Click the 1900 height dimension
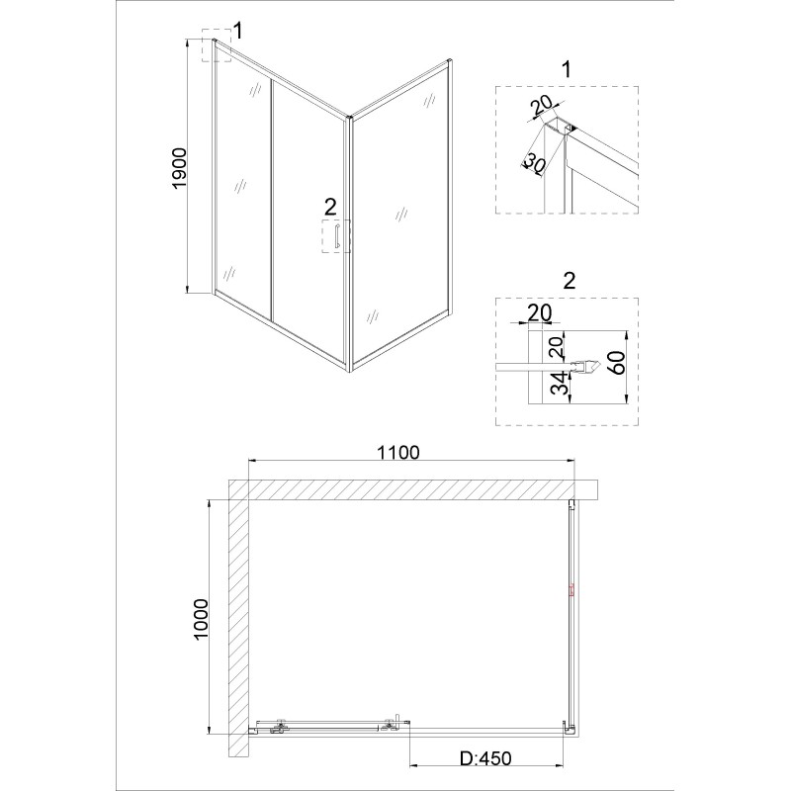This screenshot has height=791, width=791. coord(180,168)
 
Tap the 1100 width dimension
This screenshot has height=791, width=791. coord(398,452)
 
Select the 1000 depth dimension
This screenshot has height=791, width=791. coord(202,619)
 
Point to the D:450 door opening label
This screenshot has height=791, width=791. coord(485,758)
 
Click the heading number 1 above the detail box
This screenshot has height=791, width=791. coord(567,69)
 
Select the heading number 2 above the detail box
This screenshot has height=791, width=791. coord(570,281)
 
